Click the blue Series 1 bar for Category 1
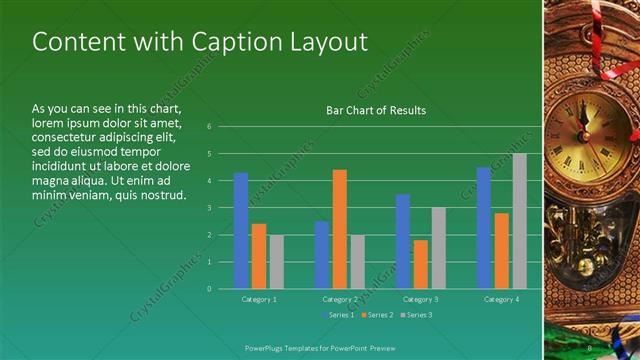241,230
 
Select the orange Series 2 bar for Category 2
340,229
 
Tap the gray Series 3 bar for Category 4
520,221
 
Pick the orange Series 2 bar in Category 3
421,264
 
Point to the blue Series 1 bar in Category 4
484,227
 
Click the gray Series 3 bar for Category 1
277,261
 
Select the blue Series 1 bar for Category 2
322,254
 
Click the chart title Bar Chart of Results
376,110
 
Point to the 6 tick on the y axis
210,127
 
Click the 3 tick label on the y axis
210,208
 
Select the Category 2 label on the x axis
340,299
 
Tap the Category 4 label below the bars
502,299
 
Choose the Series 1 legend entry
341,315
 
